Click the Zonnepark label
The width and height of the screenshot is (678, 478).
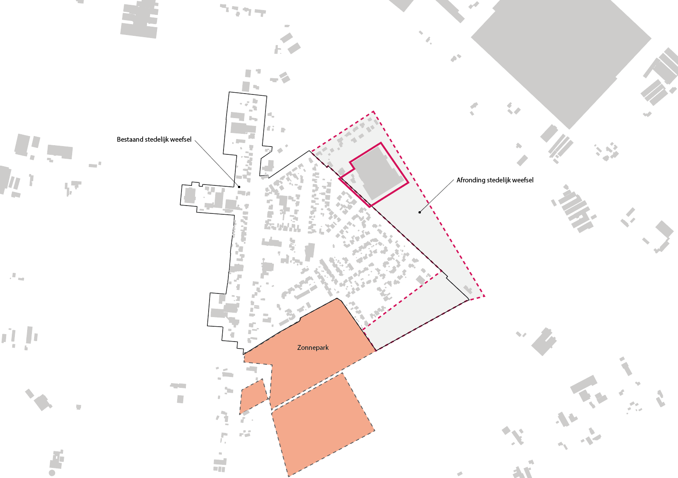coord(313,348)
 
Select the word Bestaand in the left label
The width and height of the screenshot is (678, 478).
coord(130,140)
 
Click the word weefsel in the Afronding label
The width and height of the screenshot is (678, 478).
coord(523,180)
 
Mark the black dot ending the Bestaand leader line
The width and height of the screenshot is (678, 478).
coord(239,187)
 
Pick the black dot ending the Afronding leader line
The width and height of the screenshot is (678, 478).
coord(419,213)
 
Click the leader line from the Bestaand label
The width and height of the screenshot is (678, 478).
coord(217,163)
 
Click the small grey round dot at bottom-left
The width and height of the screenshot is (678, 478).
coord(52,473)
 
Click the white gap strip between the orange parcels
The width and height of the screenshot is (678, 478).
coord(306,390)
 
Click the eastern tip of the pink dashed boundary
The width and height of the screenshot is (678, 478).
coord(484,297)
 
